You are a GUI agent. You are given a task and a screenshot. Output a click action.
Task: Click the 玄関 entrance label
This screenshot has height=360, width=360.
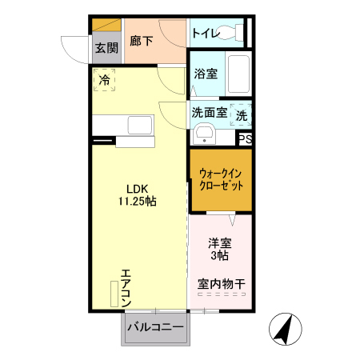coord(106,48)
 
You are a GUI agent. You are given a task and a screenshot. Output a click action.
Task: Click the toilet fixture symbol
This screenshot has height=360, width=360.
coord(231,34)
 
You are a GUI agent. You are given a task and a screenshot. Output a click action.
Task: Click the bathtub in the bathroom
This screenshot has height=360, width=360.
coord(238,74)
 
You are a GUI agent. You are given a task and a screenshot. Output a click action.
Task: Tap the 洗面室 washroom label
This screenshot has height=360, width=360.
coord(208,113)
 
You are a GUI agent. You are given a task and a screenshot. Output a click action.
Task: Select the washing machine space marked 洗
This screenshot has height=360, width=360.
coord(242,114)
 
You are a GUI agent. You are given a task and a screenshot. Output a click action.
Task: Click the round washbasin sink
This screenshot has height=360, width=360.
coord(205,133)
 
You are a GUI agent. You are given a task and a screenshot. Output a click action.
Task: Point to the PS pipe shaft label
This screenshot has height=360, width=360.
coord(246,138)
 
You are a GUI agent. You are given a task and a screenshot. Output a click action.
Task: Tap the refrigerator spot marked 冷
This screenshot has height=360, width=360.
coord(104,79)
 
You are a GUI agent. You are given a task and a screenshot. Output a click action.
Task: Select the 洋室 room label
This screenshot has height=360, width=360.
coord(220,243)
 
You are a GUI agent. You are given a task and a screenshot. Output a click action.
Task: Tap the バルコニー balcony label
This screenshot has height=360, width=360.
coord(155,327)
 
